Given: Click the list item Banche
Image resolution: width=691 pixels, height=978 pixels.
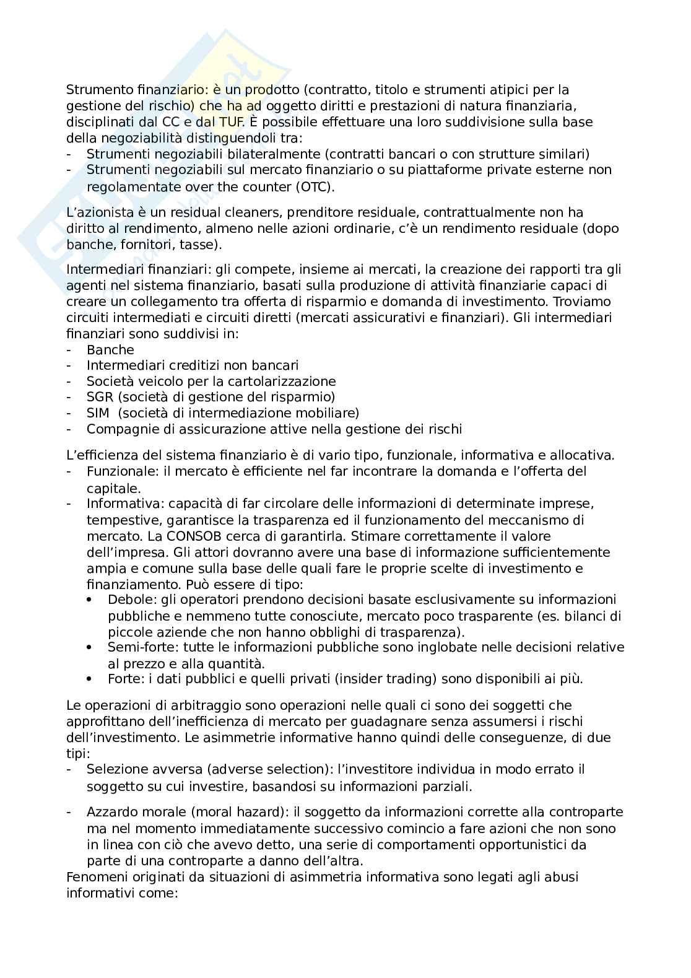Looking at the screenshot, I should [x=110, y=349].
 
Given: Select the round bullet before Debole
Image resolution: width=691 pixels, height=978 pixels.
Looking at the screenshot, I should [x=90, y=600].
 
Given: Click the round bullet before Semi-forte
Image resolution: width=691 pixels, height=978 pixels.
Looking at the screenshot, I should [x=90, y=648].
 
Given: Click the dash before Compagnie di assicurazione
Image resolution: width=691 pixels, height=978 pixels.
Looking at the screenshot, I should [x=69, y=429].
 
